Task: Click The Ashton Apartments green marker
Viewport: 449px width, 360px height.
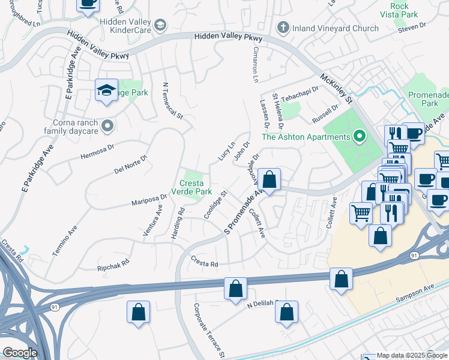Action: (360, 137)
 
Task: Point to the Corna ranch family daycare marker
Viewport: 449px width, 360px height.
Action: (107, 126)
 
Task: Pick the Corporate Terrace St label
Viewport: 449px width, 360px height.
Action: (208, 331)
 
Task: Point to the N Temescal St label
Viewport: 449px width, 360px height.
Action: (172, 101)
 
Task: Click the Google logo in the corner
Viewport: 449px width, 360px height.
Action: (20, 353)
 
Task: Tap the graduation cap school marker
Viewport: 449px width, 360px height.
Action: (106, 91)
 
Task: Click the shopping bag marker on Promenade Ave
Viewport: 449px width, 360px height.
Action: (270, 179)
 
